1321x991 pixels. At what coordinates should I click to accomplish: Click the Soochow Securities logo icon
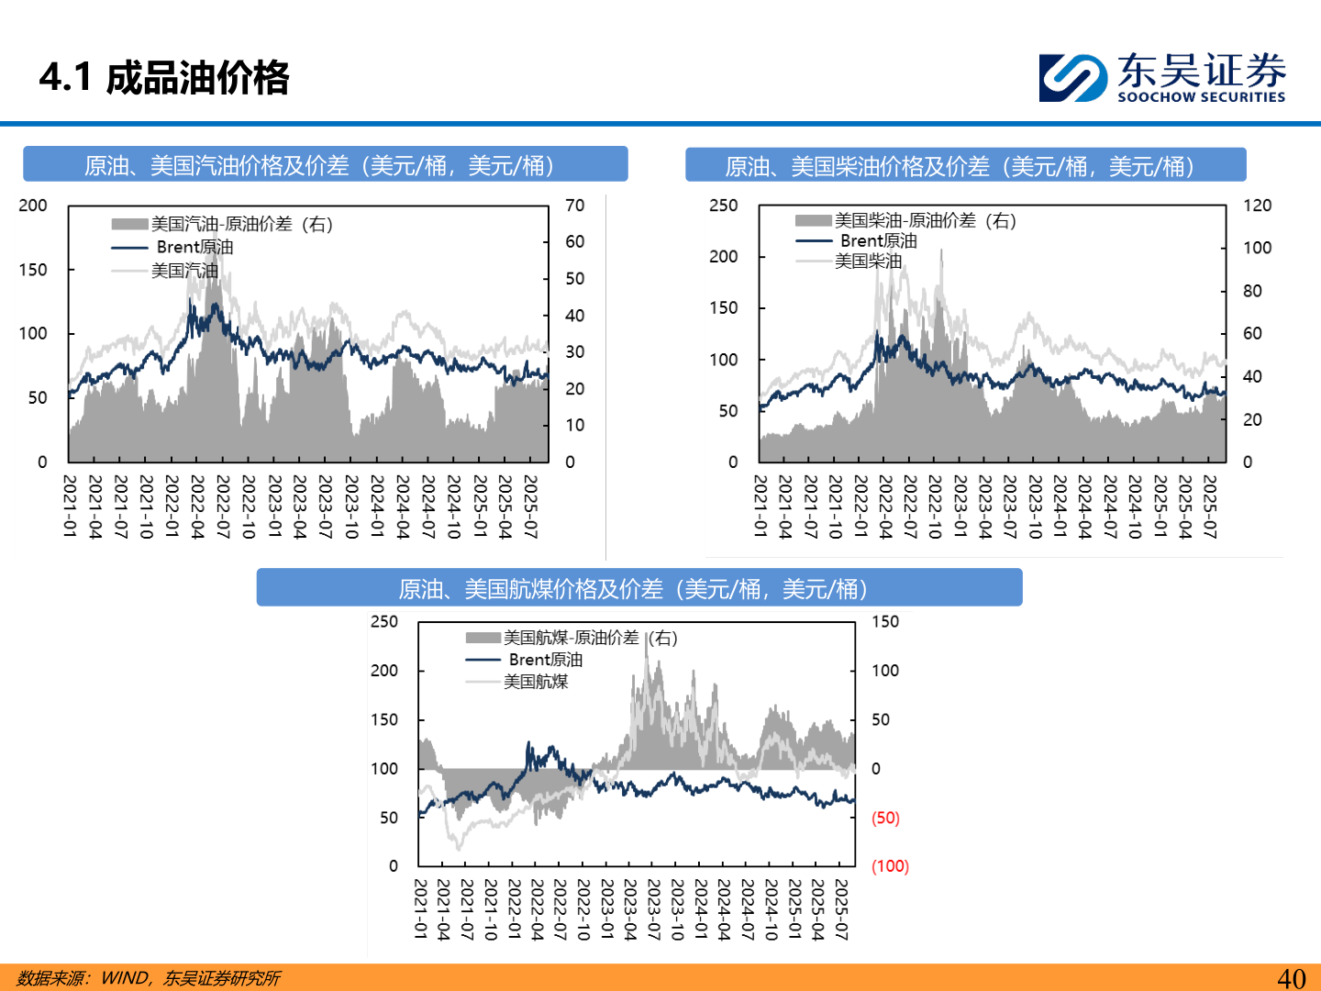[1071, 77]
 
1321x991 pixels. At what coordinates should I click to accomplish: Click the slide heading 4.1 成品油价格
[164, 78]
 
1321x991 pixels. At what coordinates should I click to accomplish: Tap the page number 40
[1291, 978]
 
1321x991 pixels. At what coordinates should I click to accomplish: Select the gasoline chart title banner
[325, 165]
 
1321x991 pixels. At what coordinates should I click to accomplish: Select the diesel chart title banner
[965, 166]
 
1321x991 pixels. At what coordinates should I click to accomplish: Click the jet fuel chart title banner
[638, 588]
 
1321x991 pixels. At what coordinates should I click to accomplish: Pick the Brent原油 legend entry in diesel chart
[878, 240]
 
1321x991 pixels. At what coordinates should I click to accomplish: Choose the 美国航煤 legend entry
[536, 681]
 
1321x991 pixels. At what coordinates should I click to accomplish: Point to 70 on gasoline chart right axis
[575, 206]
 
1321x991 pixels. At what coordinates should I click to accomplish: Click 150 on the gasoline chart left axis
[33, 270]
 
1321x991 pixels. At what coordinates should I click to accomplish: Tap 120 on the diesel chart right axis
[1257, 206]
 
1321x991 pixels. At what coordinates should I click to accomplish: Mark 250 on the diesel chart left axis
[723, 206]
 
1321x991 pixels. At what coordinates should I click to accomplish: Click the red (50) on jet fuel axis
[885, 818]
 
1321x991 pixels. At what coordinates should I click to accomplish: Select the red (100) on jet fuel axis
[890, 866]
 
